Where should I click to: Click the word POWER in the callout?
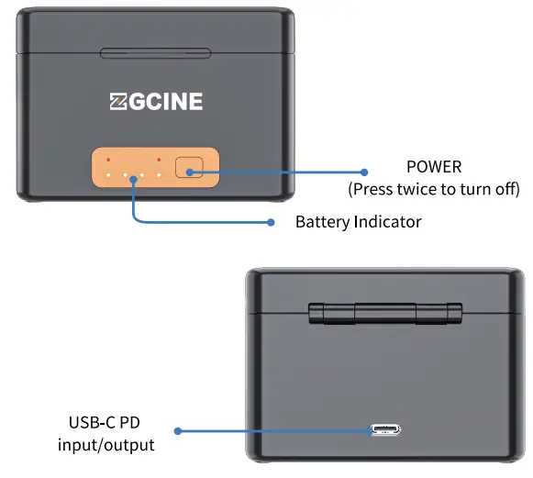[x=434, y=168]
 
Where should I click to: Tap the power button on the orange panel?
[x=191, y=168]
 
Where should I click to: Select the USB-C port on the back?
[x=385, y=429]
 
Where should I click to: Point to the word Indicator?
[x=388, y=222]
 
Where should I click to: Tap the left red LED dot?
[x=108, y=161]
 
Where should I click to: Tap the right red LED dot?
[x=159, y=161]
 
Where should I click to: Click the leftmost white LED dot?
[x=108, y=174]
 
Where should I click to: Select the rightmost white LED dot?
[x=159, y=174]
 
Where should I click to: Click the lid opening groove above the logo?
[x=153, y=52]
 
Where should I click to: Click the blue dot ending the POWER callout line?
[x=363, y=172]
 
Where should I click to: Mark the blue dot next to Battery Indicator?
[x=272, y=222]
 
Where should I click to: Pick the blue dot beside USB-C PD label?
[x=178, y=430]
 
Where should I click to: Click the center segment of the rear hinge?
[x=385, y=311]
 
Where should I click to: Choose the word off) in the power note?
[x=504, y=190]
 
